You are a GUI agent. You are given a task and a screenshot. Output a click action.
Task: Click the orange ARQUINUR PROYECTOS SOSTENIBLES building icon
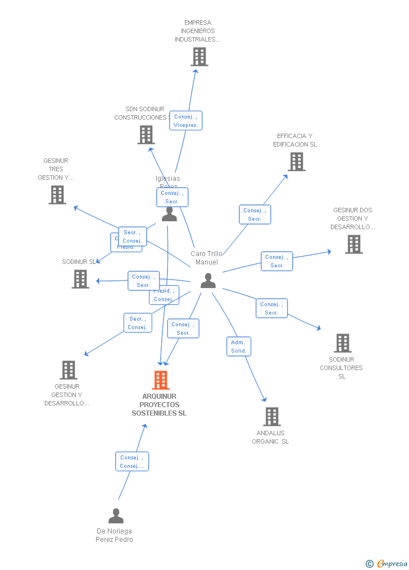(161, 380)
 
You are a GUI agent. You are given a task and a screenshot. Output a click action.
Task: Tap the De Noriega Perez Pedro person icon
(116, 516)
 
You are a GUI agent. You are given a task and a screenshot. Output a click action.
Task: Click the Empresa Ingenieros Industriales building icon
(199, 57)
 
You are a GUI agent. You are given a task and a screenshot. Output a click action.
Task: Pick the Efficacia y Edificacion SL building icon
(296, 162)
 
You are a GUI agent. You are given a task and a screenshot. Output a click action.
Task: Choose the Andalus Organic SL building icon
(272, 417)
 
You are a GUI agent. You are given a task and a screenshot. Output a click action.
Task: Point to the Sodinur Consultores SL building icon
(342, 343)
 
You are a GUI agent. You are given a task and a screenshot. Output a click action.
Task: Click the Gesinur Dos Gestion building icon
(353, 244)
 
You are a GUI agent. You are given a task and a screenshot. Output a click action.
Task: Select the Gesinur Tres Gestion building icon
(57, 195)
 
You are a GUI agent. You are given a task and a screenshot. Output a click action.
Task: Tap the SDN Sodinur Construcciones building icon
(146, 135)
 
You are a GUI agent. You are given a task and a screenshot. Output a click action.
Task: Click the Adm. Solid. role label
(239, 346)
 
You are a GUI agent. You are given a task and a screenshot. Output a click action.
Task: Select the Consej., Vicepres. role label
(185, 121)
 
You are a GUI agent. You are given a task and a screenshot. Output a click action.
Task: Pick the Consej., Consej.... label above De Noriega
(132, 462)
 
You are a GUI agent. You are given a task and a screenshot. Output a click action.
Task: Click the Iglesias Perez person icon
(169, 214)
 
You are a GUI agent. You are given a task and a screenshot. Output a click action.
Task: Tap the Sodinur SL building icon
(80, 279)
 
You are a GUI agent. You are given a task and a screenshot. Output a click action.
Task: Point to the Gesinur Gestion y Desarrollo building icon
(69, 370)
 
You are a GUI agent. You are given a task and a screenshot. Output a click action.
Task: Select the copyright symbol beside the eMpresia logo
(369, 564)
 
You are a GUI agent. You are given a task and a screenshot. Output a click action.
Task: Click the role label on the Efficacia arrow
(255, 215)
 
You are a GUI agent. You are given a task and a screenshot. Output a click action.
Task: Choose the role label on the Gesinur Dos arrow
(277, 261)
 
